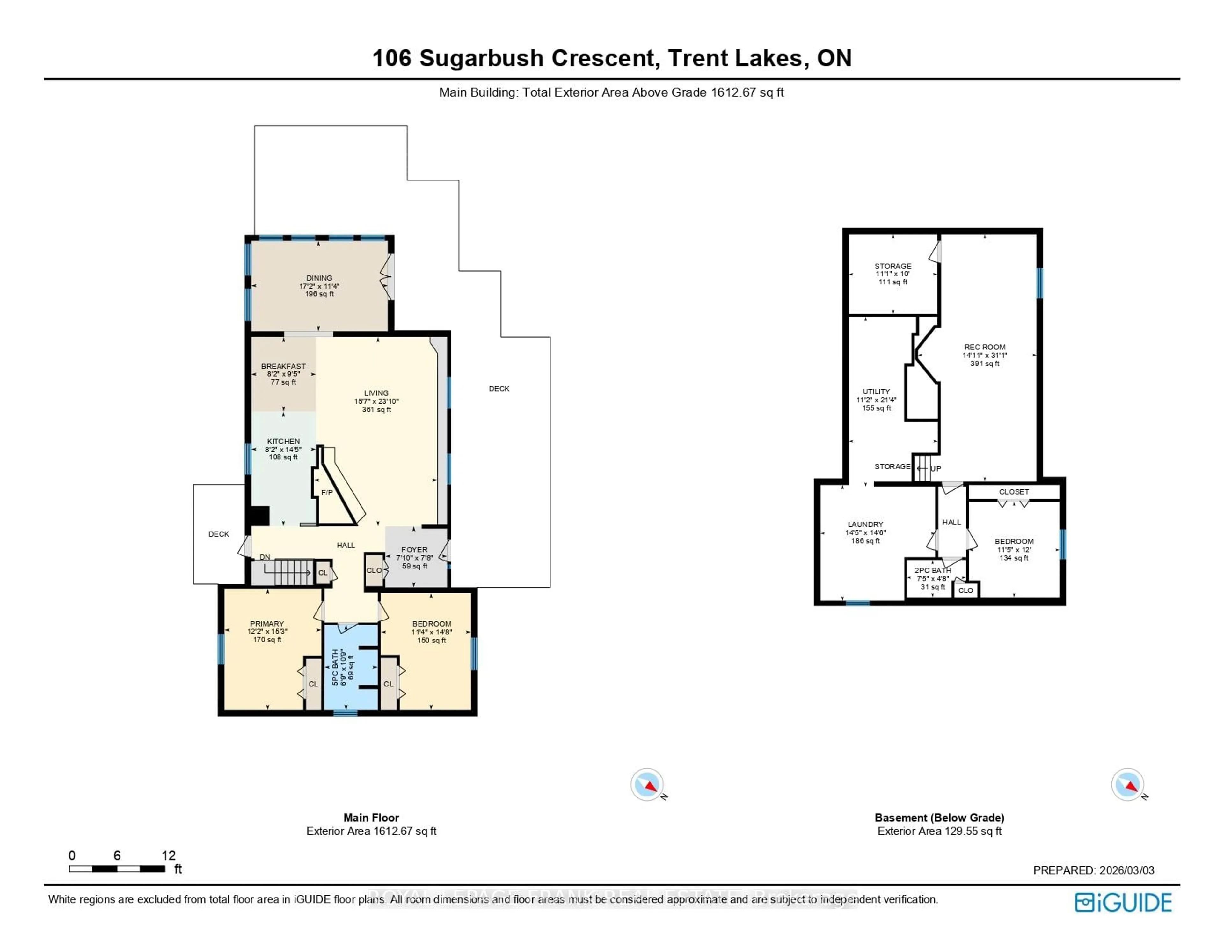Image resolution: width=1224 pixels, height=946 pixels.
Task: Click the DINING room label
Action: point(319,278)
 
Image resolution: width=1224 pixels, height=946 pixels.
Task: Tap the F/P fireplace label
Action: point(327,492)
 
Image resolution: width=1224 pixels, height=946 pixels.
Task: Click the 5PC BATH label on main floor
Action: point(335,667)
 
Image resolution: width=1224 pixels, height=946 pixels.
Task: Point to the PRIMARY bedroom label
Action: point(267,624)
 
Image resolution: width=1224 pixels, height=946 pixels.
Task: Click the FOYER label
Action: point(414,550)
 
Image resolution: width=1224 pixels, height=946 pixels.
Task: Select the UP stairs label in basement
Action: point(936,469)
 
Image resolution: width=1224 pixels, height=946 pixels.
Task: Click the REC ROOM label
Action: point(985,347)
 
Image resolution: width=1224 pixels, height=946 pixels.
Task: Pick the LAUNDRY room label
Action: point(865,524)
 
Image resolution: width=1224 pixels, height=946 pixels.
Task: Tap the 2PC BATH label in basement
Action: point(933,570)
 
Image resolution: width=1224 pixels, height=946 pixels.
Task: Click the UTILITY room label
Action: point(876,392)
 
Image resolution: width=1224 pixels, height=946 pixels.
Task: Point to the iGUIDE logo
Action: point(1123,902)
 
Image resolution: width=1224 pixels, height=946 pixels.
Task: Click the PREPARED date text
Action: point(1093,870)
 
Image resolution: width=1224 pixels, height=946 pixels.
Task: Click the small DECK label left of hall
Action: point(219,534)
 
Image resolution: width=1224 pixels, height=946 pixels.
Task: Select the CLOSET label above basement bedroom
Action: point(1014,492)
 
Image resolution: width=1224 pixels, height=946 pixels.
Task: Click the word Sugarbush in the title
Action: point(481,58)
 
